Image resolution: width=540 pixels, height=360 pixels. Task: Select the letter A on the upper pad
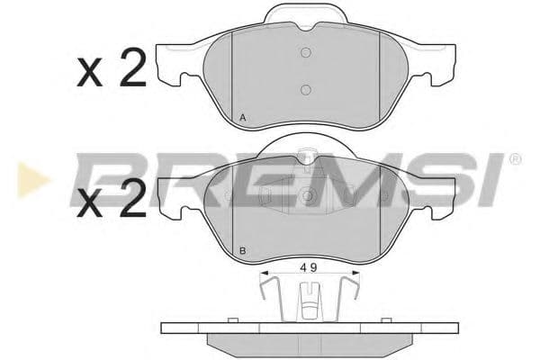point(244,119)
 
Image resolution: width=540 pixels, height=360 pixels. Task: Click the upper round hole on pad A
point(306,52)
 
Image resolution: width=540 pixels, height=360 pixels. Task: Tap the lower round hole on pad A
point(306,89)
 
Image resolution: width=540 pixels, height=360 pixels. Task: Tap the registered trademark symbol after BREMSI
point(515,160)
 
